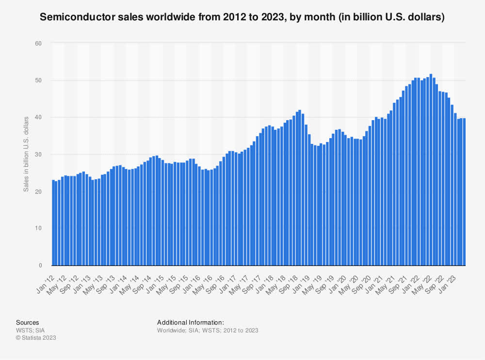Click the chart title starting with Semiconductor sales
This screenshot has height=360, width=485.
pyautogui.click(x=242, y=17)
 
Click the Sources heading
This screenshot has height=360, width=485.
pyautogui.click(x=27, y=322)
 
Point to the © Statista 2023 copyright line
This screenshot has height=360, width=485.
pyautogui.click(x=36, y=338)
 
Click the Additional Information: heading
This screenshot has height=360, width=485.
pyautogui.click(x=190, y=322)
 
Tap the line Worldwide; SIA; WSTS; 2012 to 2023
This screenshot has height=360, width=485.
pyautogui.click(x=208, y=330)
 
